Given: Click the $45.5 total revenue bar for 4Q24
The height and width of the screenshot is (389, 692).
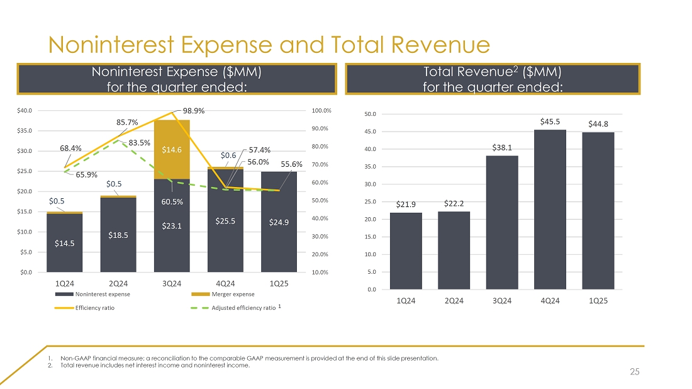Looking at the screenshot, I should tap(550, 210).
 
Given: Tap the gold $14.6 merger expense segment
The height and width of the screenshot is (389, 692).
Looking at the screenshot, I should tap(172, 150).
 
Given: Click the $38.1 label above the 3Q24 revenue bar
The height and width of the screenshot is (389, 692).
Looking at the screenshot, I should tap(502, 148).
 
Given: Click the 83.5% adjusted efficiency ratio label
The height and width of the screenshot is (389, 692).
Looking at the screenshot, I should tap(138, 143).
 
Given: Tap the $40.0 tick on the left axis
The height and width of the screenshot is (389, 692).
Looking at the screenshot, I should tap(25, 110).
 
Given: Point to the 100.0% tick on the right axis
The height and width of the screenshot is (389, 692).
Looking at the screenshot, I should tap(321, 111).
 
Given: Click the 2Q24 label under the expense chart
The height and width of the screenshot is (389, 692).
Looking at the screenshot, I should tap(118, 283).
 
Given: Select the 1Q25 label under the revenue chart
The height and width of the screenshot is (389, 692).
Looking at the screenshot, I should tap(598, 300).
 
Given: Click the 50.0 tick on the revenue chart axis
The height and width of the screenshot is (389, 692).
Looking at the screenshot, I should tap(371, 115).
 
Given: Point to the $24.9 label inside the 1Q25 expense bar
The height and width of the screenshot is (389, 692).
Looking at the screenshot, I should tap(279, 222).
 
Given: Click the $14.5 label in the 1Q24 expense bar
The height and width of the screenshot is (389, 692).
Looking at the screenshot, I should tap(65, 244).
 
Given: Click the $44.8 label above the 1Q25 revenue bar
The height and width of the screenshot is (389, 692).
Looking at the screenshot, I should tap(598, 124).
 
